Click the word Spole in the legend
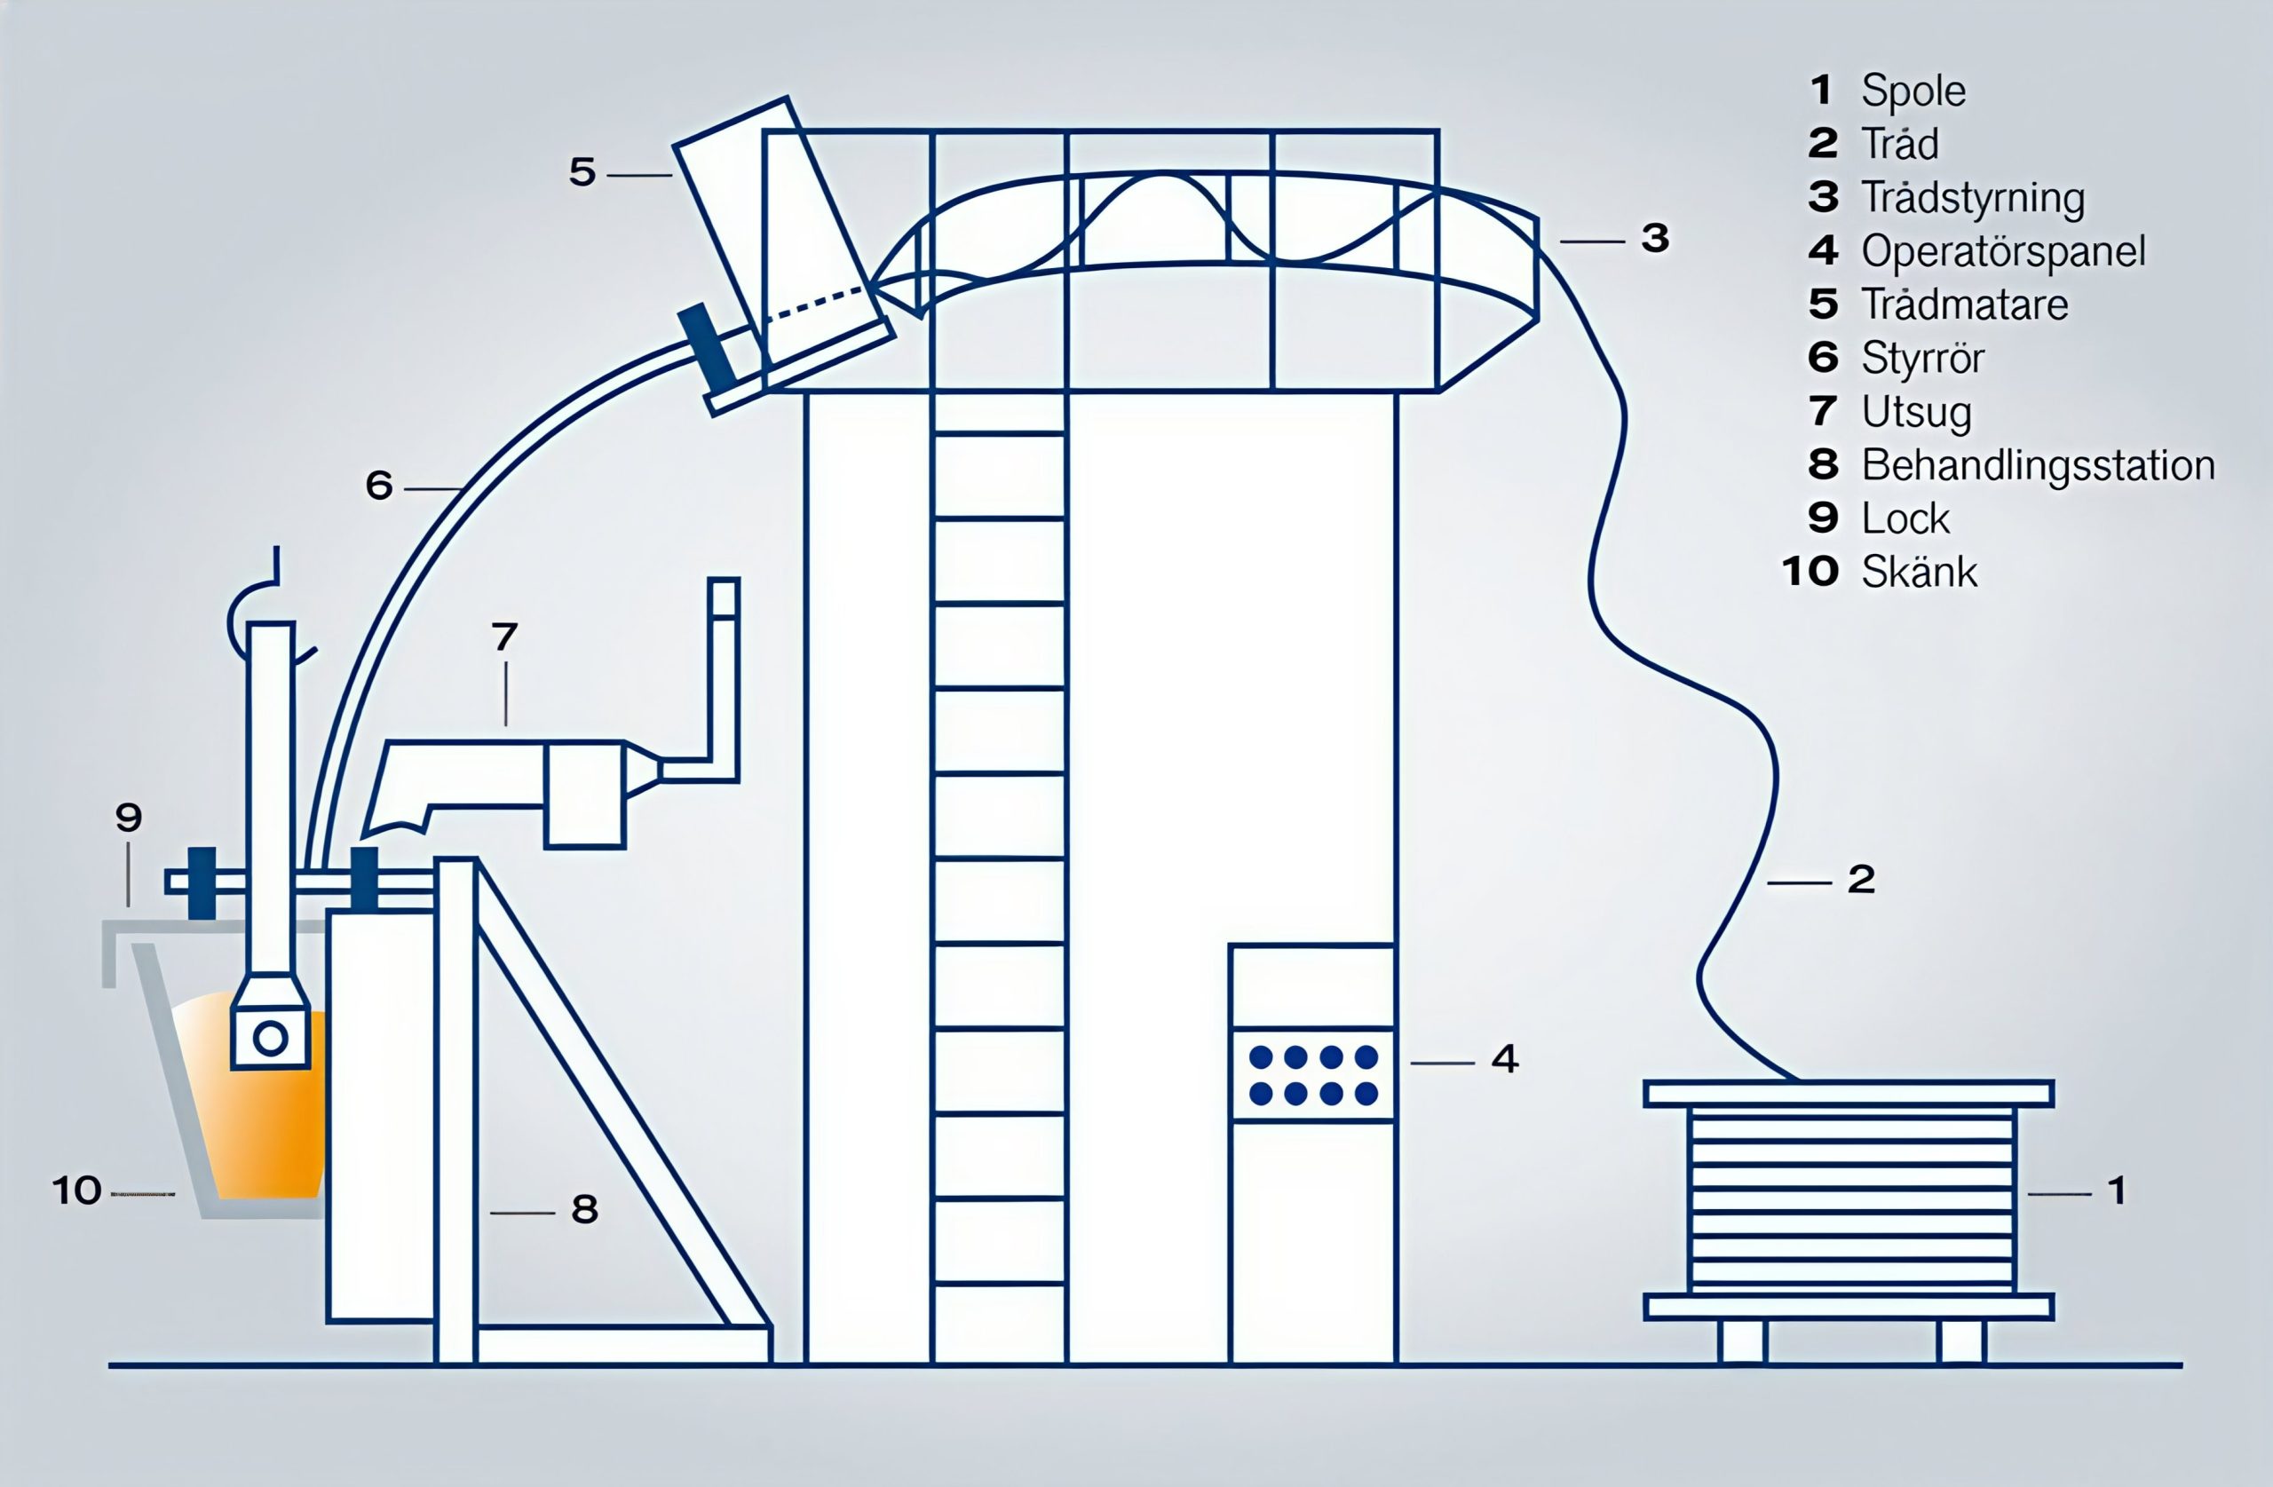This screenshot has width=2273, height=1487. pos(1913,91)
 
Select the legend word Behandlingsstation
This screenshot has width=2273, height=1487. pos(2038,465)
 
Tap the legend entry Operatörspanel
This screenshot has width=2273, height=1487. pos(2003,251)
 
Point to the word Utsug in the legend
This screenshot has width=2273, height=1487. pos(1916,412)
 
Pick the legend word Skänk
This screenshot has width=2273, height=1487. pos(1919,572)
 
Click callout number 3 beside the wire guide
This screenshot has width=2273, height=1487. pos(1655,238)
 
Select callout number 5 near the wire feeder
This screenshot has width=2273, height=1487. pos(582,172)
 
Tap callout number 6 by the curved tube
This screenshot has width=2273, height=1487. pos(379,485)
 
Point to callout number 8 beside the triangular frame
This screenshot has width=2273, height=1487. pos(584,1209)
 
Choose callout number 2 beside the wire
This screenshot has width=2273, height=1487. pos(1861,880)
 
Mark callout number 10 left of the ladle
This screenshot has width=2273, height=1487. pos(76,1191)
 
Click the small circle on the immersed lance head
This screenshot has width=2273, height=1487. pos(270,1038)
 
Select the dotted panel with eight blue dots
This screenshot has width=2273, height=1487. pos(1313,1075)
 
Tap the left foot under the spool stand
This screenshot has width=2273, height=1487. pos(1743,1341)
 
